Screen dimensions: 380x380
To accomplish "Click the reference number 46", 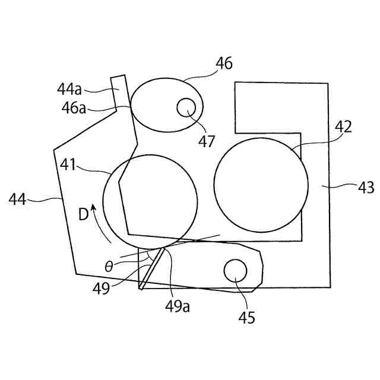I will coord(224,64).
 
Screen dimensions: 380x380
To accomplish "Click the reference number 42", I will coord(343,126).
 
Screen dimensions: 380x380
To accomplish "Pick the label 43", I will coord(365,188).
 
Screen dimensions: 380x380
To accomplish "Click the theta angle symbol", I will coord(109,266).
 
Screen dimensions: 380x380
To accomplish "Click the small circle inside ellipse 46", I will coord(187,107).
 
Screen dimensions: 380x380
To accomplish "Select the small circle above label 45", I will coord(235,271).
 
